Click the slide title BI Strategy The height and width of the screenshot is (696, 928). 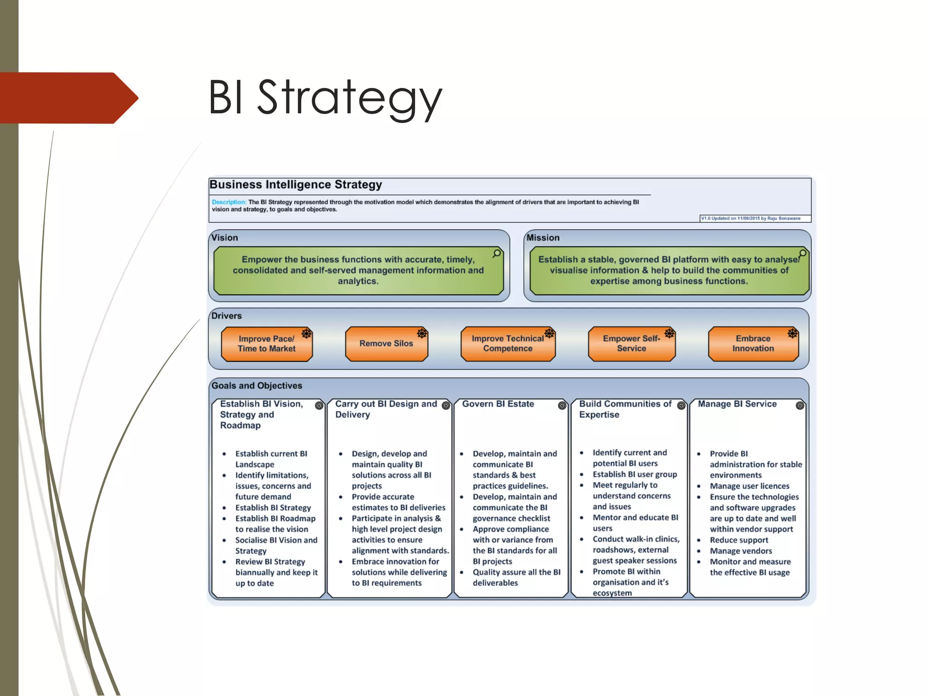click(325, 98)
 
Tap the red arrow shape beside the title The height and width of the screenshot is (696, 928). click(68, 98)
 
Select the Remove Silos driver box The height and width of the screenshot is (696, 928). click(386, 344)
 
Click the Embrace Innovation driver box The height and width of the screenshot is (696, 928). click(753, 344)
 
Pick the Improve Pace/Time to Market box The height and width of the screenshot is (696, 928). click(266, 344)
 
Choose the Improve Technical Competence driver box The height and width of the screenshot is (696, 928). click(507, 344)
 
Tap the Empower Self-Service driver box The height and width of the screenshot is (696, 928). click(631, 344)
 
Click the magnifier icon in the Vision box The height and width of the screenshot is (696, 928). click(497, 254)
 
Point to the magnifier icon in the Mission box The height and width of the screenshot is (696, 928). click(802, 254)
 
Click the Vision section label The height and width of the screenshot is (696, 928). click(224, 238)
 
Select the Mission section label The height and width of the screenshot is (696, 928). click(543, 238)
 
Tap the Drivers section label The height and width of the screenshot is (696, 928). click(227, 316)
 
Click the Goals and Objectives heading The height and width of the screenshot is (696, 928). click(257, 386)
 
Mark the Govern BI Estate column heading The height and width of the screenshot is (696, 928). click(498, 404)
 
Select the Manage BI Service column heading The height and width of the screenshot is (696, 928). click(737, 404)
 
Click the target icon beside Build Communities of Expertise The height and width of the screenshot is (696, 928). click(681, 406)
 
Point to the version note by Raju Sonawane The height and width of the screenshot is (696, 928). click(751, 218)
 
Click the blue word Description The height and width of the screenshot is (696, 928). click(229, 202)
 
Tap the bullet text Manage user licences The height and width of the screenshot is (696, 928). click(749, 486)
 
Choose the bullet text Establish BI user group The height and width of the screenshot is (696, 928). click(635, 474)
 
